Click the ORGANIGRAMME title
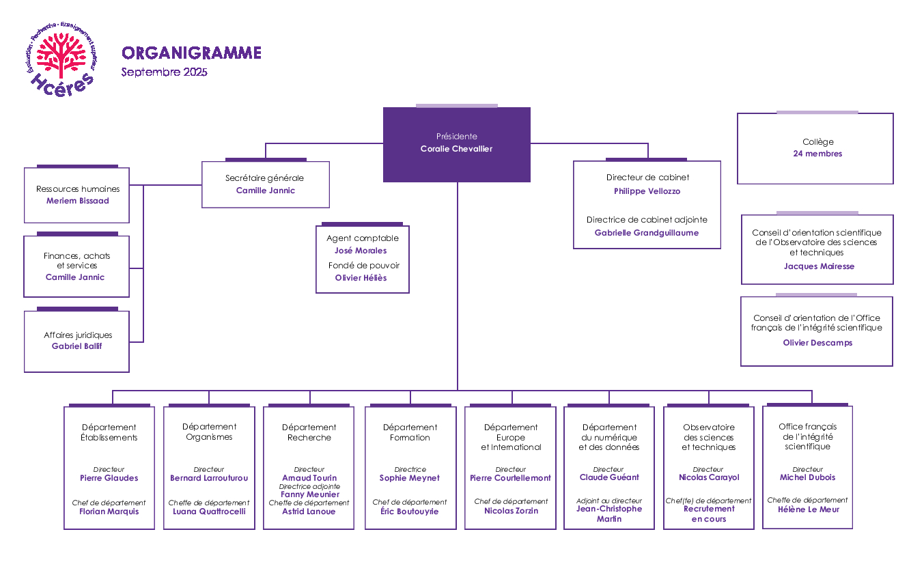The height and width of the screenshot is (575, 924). (x=191, y=53)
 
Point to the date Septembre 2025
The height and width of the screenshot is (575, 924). (x=164, y=72)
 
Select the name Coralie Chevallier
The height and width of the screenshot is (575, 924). (x=456, y=149)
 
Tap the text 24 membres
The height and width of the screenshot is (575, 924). (x=817, y=154)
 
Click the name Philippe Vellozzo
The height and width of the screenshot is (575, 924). (x=647, y=191)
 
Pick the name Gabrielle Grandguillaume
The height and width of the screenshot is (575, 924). (x=647, y=233)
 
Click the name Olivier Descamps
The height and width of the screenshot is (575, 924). (x=817, y=343)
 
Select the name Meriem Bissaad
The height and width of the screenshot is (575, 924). (x=77, y=201)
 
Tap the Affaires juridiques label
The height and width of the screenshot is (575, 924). (x=78, y=335)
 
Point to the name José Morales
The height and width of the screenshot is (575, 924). (x=361, y=251)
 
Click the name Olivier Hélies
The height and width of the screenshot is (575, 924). (x=361, y=278)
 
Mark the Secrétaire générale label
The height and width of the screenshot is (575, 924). (x=264, y=178)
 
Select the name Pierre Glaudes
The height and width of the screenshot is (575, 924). (x=109, y=478)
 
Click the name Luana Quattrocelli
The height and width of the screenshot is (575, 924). (x=209, y=511)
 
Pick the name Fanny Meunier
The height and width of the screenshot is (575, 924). (x=309, y=494)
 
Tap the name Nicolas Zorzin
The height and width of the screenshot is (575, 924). (x=511, y=511)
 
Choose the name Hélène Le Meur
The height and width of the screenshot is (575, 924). (x=807, y=509)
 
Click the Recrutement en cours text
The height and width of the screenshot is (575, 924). (x=709, y=514)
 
